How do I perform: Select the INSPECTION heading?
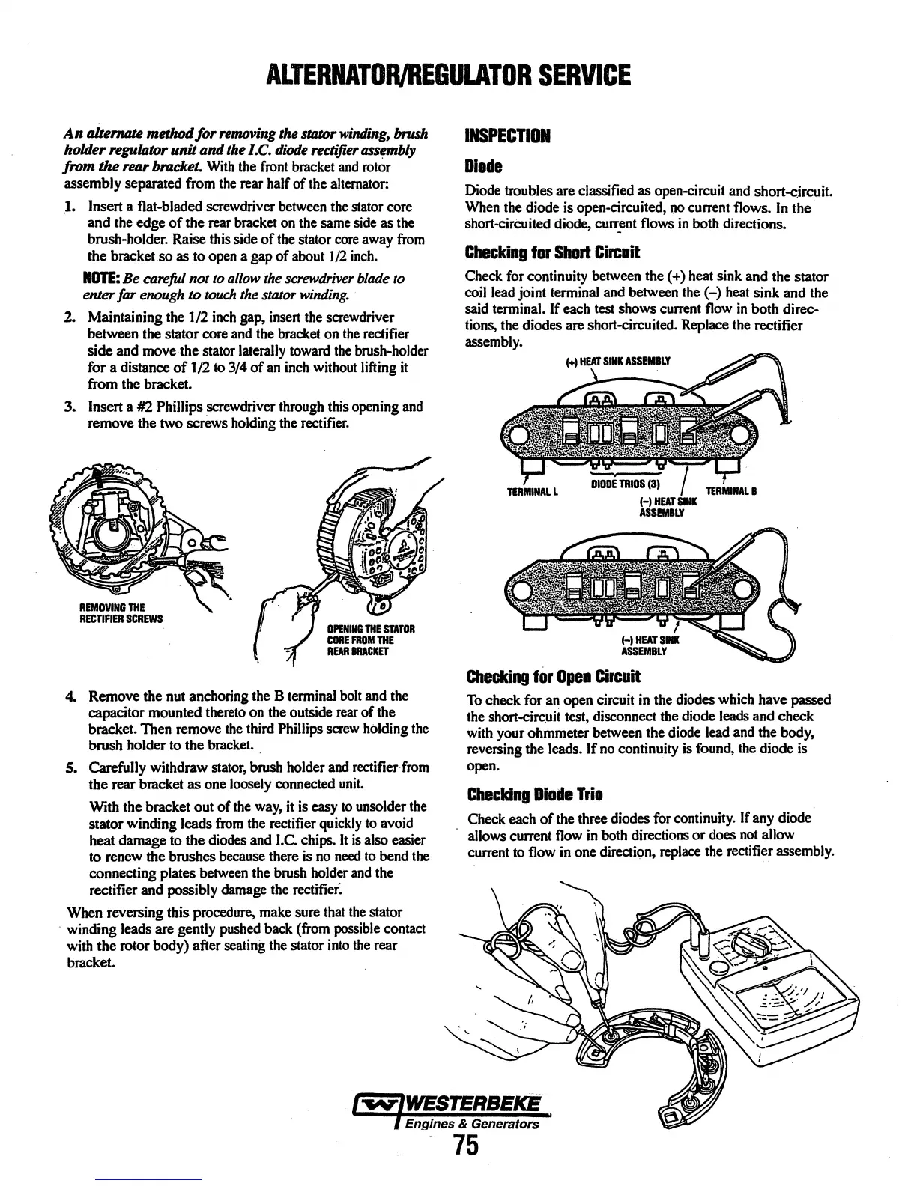point(507,136)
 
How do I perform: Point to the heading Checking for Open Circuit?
point(553,678)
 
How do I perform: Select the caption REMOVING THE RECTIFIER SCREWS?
point(105,612)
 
